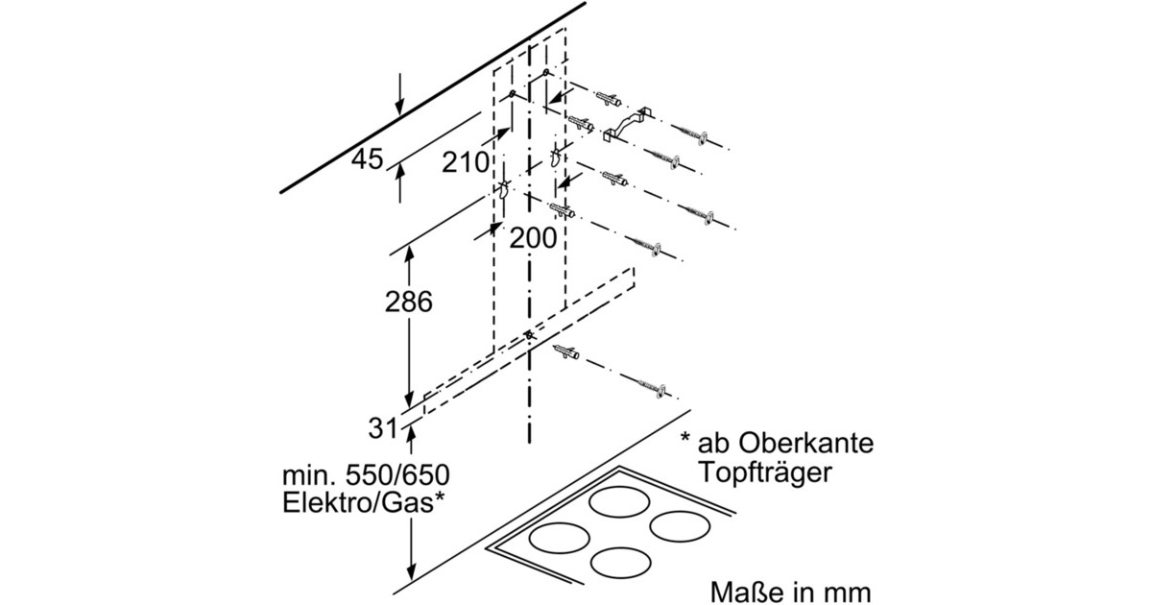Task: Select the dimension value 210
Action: click(466, 162)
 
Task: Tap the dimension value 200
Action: click(533, 237)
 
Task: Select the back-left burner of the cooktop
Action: click(618, 501)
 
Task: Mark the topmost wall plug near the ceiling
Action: click(608, 98)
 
